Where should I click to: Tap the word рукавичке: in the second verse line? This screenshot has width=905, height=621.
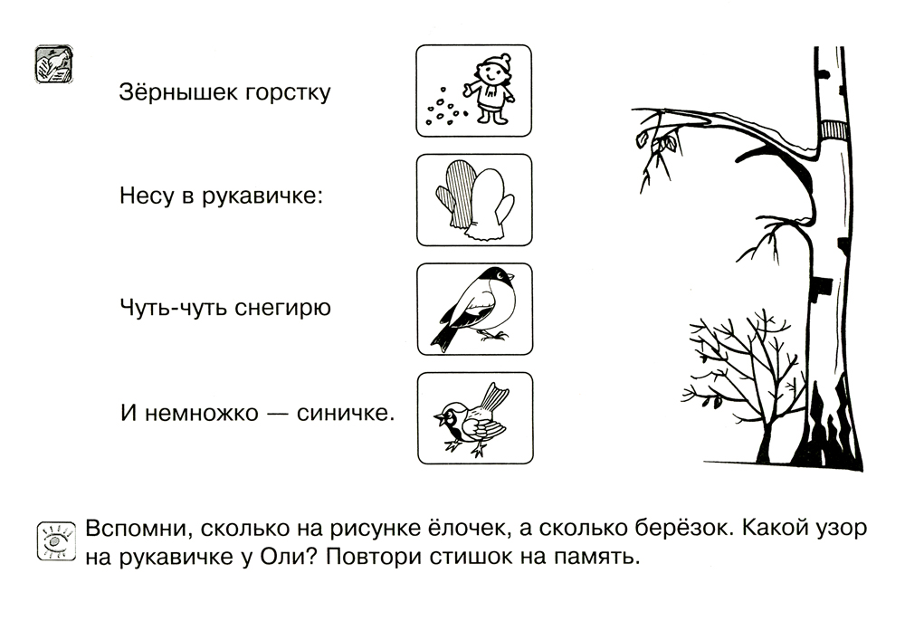coord(262,196)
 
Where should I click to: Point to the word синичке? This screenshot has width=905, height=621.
coord(346,413)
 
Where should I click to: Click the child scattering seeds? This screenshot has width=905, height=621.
coord(491,89)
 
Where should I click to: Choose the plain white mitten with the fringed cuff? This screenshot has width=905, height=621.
coord(490,205)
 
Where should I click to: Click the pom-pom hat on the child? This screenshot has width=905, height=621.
coord(495,62)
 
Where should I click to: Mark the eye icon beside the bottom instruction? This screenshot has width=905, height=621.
coord(56,540)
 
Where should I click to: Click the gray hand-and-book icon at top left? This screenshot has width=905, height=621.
coord(53,64)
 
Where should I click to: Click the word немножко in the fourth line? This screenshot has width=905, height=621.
coord(201,413)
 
